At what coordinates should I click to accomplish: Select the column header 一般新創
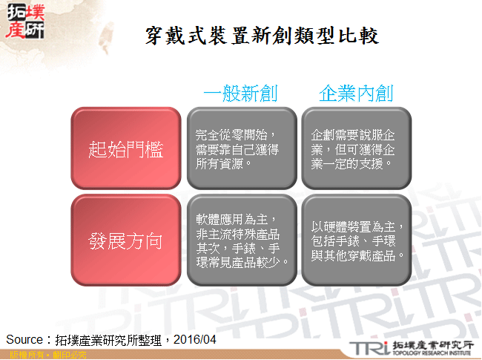point(240,94)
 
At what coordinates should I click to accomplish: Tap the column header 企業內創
point(356,94)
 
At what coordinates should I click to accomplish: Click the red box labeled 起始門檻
point(125,148)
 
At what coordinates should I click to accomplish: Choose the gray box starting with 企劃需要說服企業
point(356,148)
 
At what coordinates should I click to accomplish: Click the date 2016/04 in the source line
point(195,339)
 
